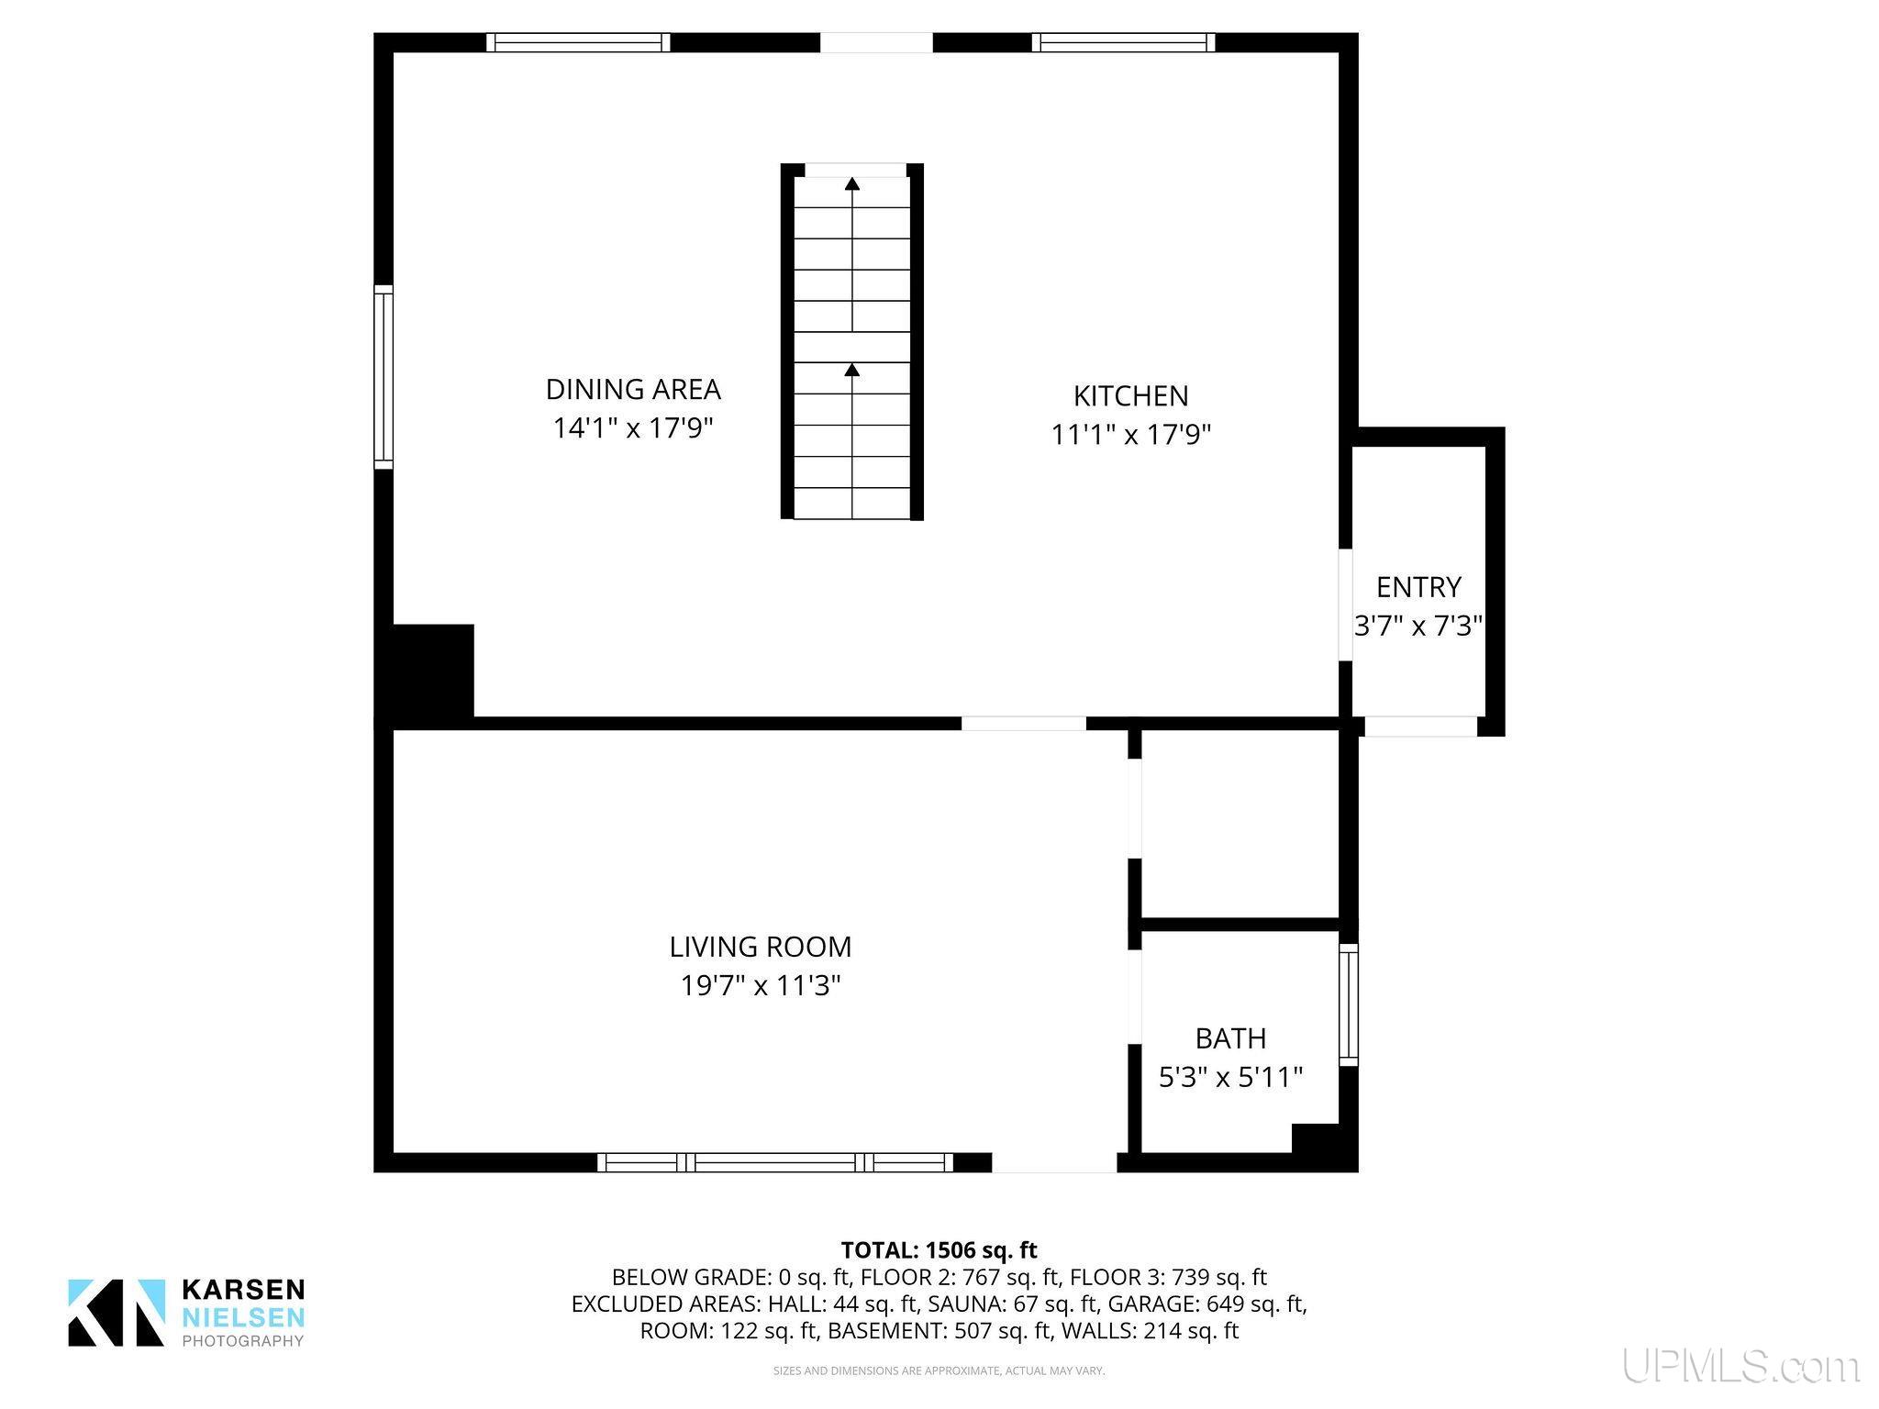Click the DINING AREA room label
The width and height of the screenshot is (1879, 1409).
click(633, 390)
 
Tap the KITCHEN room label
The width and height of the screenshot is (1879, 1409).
click(1130, 396)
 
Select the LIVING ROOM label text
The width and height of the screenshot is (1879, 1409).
click(761, 947)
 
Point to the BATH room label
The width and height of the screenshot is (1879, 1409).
click(1230, 1038)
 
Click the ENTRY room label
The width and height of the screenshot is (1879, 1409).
click(1418, 587)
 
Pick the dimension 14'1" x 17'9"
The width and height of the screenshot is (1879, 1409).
click(633, 428)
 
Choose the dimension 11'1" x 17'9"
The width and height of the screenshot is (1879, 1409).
click(1130, 435)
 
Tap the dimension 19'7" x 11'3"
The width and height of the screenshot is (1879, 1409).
click(761, 986)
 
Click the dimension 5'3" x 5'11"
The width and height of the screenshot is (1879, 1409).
click(1230, 1077)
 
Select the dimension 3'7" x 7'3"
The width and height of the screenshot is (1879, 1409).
click(1418, 626)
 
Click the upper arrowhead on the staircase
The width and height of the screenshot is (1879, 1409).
click(852, 183)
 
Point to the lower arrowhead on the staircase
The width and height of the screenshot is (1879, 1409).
click(852, 370)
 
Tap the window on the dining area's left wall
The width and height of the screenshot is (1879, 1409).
click(384, 377)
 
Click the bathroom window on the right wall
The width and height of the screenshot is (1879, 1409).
click(1348, 1004)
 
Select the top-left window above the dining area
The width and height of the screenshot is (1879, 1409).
click(578, 42)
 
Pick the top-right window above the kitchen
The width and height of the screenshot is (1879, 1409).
click(1123, 42)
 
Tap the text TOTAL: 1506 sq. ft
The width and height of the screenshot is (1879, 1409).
click(939, 1249)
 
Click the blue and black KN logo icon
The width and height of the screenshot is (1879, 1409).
click(117, 1313)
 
